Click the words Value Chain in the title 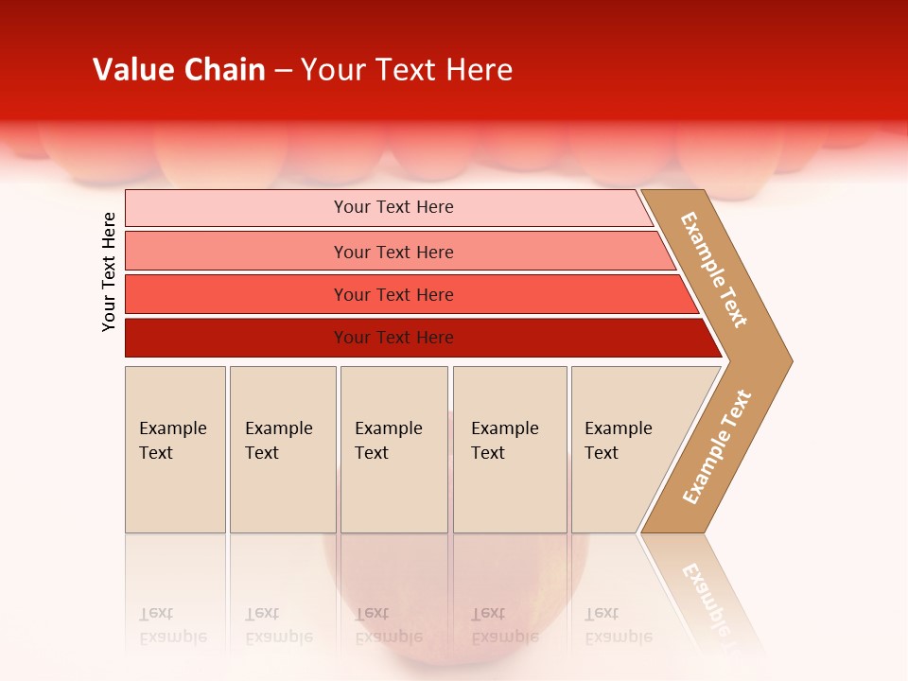point(179,70)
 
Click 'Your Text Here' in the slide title point(407,70)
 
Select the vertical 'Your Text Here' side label point(109,271)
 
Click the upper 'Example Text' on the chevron point(714,270)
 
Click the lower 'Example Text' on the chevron point(716,447)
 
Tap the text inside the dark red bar point(393,338)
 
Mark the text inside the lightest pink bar point(393,207)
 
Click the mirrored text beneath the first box point(172,625)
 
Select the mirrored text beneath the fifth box point(618,625)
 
